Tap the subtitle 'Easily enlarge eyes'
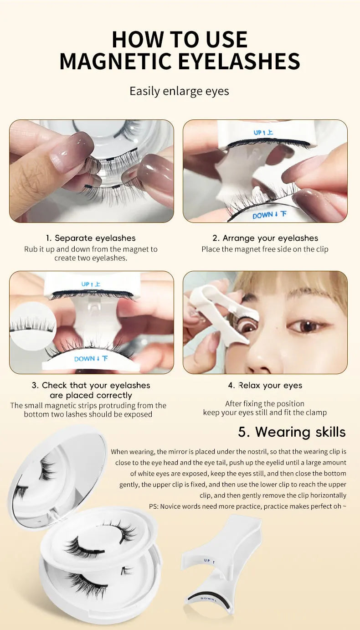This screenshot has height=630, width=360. coord(179,91)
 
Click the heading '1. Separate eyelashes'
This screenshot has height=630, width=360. coord(90,238)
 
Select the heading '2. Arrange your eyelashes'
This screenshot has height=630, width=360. coord(265,238)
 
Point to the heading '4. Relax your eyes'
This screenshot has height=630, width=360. coord(265,385)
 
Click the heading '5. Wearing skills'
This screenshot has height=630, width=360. coord(292,432)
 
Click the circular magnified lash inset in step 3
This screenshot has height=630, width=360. coord(32,325)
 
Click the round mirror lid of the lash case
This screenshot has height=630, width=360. coord(57,479)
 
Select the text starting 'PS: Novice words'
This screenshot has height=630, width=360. coord(247,506)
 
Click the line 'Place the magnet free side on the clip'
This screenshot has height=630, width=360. coord(265,249)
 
